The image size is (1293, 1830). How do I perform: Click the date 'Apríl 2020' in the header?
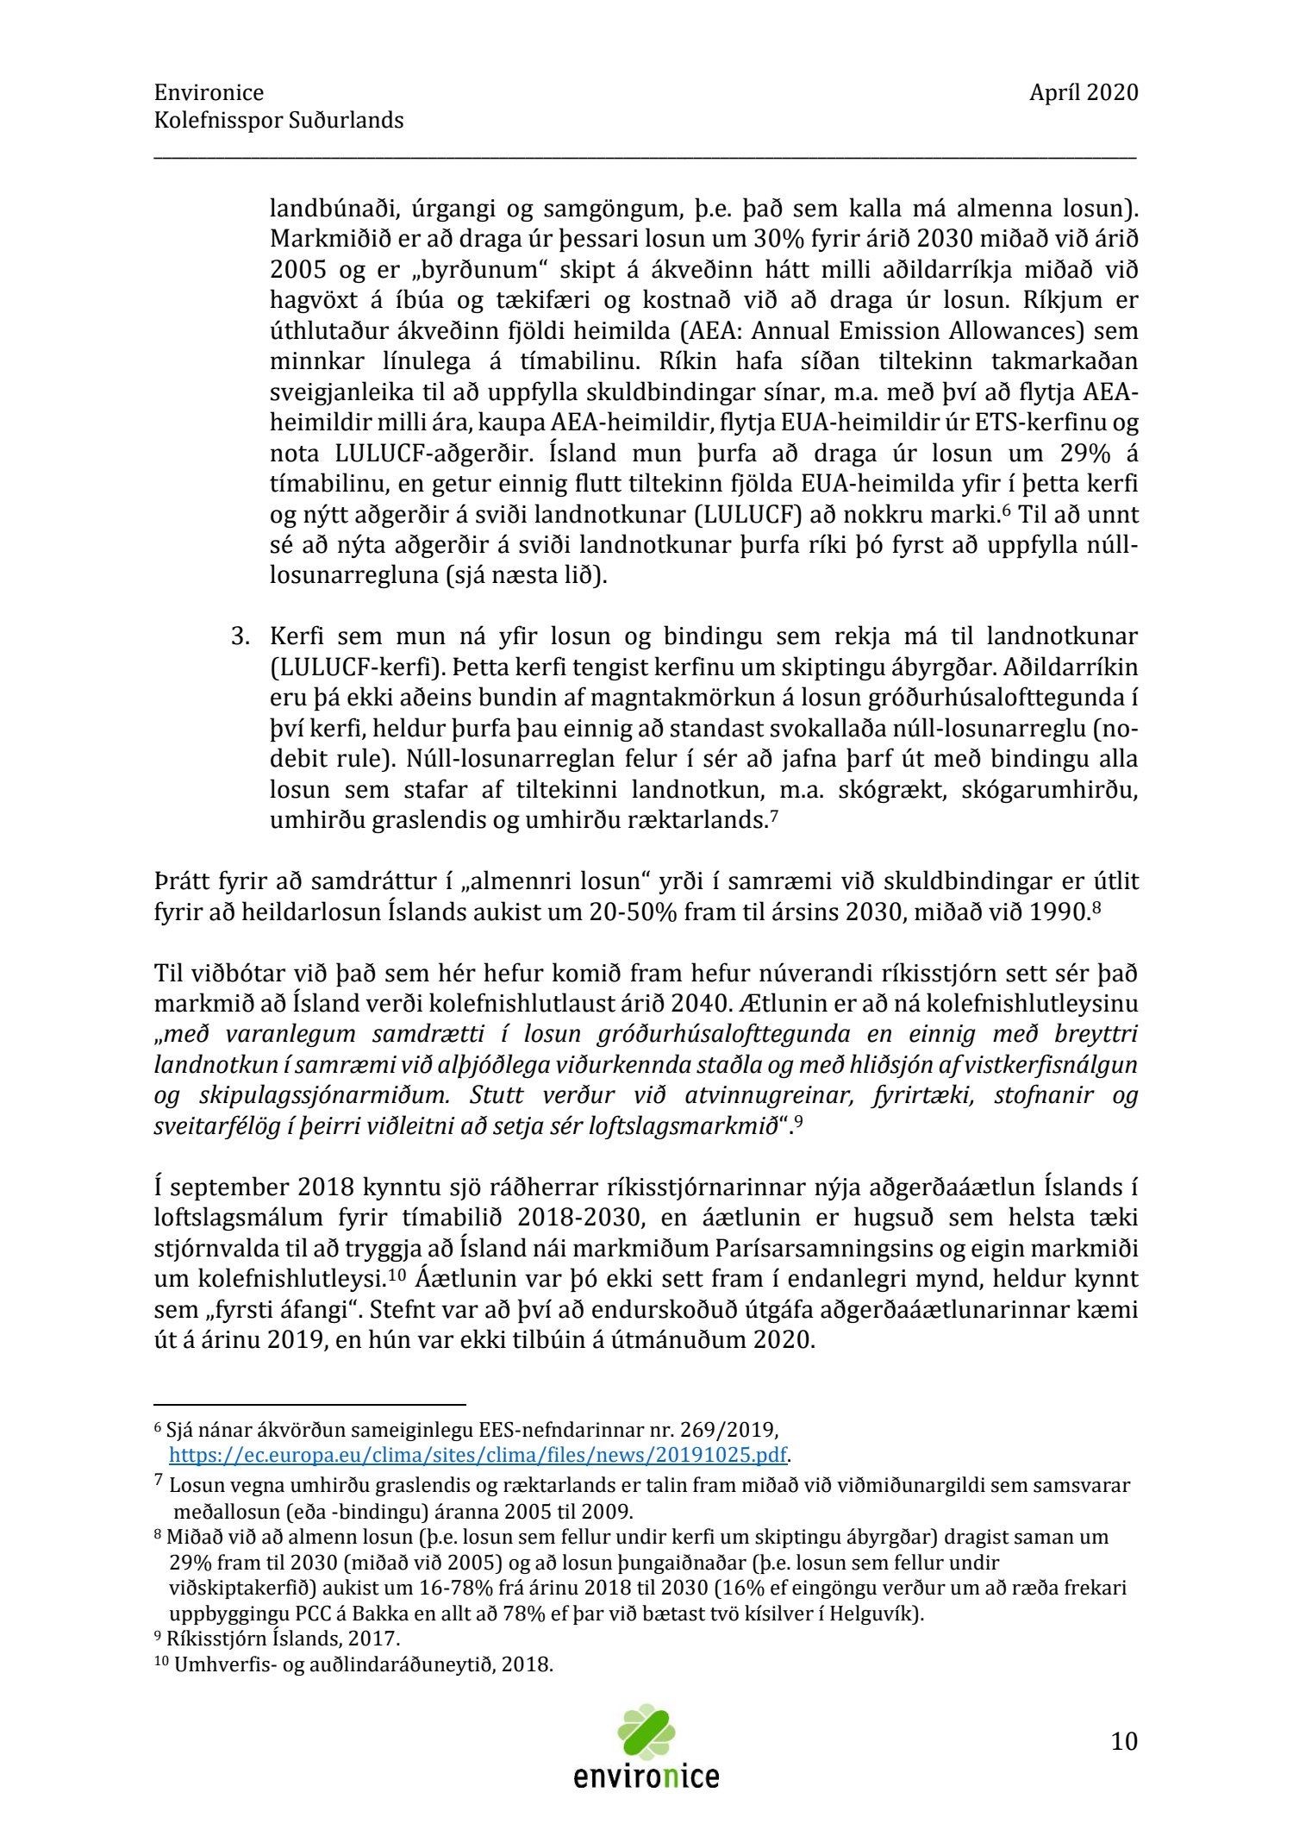point(1083,93)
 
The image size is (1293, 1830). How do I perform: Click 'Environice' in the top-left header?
point(209,93)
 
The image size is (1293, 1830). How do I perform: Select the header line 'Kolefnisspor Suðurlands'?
point(278,121)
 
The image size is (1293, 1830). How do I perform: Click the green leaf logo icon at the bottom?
point(646,1732)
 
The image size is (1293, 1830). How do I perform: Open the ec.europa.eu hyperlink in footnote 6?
point(478,1455)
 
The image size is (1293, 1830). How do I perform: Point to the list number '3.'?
point(240,637)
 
